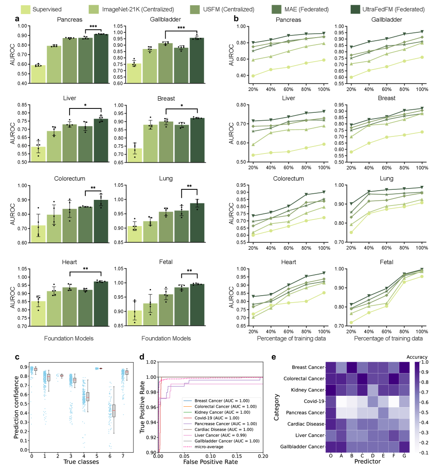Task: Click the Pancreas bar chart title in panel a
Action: (70, 20)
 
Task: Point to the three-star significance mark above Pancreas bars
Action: (93, 26)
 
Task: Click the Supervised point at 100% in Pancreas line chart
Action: (324, 60)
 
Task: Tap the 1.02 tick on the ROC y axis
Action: (151, 362)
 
